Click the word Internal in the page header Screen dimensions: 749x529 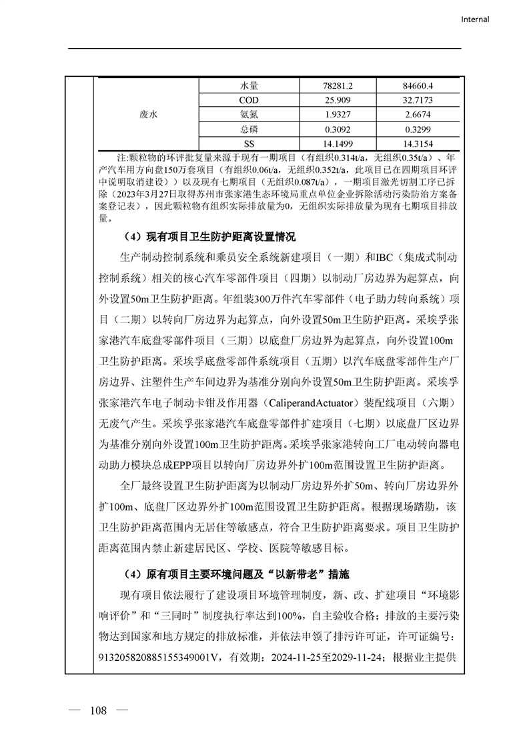pyautogui.click(x=475, y=19)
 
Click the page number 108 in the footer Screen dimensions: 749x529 pyautogui.click(x=98, y=710)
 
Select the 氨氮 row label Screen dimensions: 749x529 pyautogui.click(x=249, y=115)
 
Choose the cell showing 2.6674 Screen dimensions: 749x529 pyautogui.click(x=418, y=115)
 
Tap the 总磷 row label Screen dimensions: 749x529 pyautogui.click(x=249, y=130)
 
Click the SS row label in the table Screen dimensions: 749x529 pyautogui.click(x=249, y=144)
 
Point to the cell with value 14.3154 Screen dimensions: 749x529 pyautogui.click(x=418, y=144)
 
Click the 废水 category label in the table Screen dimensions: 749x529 pyautogui.click(x=149, y=115)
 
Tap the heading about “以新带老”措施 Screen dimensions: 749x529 pyautogui.click(x=236, y=574)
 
